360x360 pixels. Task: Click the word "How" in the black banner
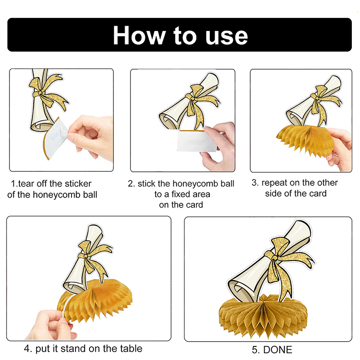[139, 35]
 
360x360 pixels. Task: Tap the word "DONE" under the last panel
[278, 350]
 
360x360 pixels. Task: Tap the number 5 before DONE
[255, 350]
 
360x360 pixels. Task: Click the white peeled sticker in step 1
[55, 138]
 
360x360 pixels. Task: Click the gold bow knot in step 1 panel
[40, 93]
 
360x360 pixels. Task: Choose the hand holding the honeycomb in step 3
[340, 149]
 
